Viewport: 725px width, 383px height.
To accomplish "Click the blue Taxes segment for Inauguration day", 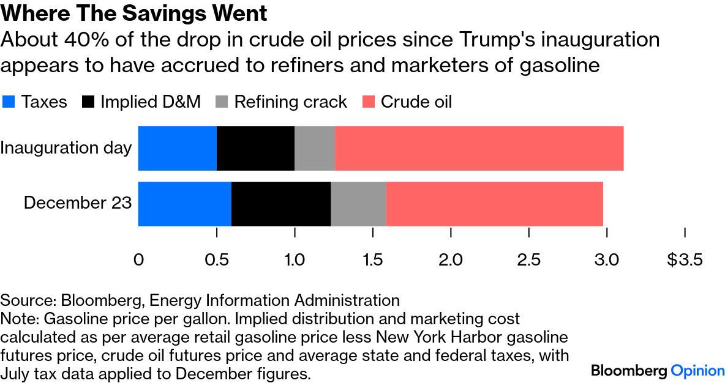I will (178, 148).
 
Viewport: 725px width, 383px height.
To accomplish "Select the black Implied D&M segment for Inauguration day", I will (255, 148).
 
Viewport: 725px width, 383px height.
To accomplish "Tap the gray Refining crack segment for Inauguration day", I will (314, 148).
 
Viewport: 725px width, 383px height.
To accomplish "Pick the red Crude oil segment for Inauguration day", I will (479, 148).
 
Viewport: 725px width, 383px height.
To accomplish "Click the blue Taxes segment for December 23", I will (185, 204).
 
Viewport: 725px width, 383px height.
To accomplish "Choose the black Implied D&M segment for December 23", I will (281, 204).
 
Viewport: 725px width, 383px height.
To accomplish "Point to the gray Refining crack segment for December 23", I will (358, 204).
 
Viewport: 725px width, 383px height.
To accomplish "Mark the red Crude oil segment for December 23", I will (494, 204).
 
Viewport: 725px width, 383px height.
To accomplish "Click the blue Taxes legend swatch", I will (9, 102).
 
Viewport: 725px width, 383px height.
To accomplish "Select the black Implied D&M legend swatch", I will (88, 102).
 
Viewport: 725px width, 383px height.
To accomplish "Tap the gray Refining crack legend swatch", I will (222, 102).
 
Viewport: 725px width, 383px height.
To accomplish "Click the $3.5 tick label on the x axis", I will (685, 260).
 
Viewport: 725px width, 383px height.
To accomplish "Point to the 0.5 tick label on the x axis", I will (216, 260).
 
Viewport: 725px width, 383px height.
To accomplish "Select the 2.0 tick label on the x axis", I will (451, 260).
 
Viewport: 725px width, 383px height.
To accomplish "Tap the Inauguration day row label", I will (66, 148).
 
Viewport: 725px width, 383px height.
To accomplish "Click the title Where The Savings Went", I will (134, 13).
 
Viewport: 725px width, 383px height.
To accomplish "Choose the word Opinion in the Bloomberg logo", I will (697, 370).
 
